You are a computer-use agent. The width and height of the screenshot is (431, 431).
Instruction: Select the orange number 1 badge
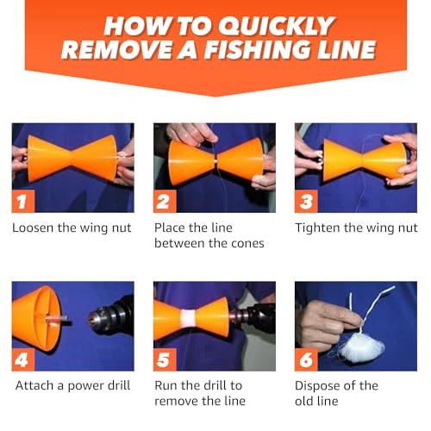click(23, 202)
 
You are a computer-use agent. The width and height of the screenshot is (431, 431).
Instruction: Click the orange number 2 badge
click(166, 202)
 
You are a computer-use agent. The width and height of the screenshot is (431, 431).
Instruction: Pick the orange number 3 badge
click(307, 202)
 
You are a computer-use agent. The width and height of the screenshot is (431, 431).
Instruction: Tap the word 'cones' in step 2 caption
click(243, 244)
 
